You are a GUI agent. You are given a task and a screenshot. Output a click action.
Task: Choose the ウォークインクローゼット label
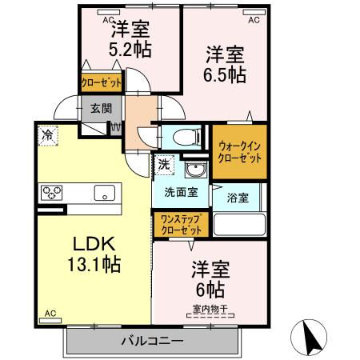click(x=240, y=152)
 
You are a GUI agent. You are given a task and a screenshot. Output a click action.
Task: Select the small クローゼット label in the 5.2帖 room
click(x=101, y=82)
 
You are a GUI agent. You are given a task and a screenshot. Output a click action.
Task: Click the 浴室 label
click(x=235, y=196)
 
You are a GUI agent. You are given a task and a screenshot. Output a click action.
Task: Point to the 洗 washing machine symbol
click(x=164, y=164)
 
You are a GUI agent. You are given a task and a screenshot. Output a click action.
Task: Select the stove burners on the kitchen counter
click(x=53, y=192)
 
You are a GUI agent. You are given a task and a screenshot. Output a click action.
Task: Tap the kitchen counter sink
click(x=104, y=192)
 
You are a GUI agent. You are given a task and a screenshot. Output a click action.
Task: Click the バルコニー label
click(x=152, y=341)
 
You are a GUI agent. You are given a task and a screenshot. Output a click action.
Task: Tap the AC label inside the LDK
click(x=50, y=314)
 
